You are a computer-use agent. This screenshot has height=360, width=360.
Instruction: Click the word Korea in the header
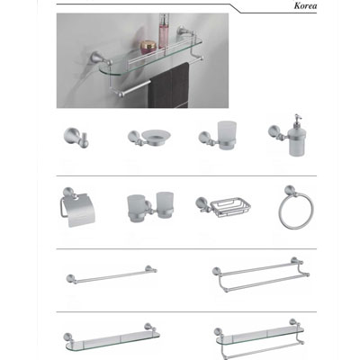tap(305, 6)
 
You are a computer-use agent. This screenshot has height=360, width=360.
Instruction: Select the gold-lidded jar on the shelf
tap(148, 47)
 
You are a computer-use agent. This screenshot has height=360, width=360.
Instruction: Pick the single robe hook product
tap(76, 138)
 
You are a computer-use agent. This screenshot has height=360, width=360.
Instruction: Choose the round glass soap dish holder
tap(149, 138)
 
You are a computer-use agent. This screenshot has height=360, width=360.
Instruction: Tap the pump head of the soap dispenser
tap(297, 119)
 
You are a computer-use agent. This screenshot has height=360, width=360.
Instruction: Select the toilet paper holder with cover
tap(77, 207)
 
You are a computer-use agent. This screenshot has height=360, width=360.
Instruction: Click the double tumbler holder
tap(150, 207)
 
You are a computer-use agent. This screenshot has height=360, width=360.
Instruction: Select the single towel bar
tap(112, 274)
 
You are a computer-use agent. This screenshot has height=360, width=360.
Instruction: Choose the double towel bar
tap(261, 274)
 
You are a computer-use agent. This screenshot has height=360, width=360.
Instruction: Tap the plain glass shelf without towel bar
tap(112, 337)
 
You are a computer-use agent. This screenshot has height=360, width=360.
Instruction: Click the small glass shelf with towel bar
tap(259, 338)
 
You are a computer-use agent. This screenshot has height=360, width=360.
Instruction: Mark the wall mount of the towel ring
tap(290, 191)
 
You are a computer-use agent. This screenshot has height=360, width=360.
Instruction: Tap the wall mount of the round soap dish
tap(134, 137)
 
